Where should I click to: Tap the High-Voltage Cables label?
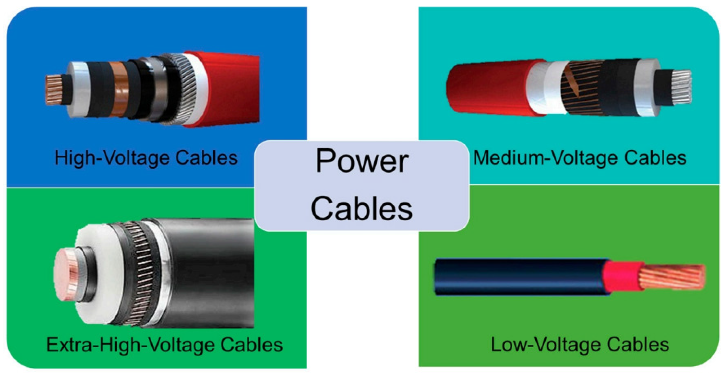point(146,158)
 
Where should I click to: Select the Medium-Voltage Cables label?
point(580,158)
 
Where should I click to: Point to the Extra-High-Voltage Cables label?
point(165,345)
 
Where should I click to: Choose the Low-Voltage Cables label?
point(580,345)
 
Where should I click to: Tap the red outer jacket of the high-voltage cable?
point(232,89)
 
